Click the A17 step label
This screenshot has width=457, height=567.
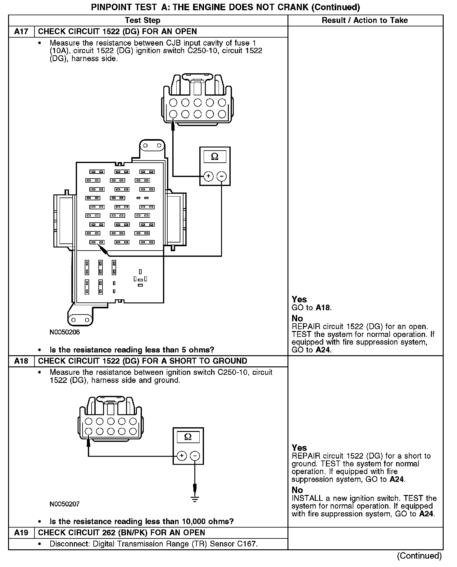pyautogui.click(x=21, y=32)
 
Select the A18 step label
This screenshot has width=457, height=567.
pyautogui.click(x=21, y=361)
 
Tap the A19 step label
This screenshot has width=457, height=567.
pyautogui.click(x=21, y=533)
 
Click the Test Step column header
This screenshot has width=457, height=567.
pyautogui.click(x=143, y=20)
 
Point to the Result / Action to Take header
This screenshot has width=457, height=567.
pyautogui.click(x=365, y=20)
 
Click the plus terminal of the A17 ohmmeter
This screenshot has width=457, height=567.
pyautogui.click(x=208, y=176)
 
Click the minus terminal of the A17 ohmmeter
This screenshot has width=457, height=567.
pyautogui.click(x=221, y=176)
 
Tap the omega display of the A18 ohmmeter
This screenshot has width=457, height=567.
pyautogui.click(x=188, y=437)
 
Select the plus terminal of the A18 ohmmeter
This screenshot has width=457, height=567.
pyautogui.click(x=182, y=456)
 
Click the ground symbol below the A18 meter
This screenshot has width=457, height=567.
pyautogui.click(x=195, y=499)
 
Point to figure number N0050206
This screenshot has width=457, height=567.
pyautogui.click(x=65, y=332)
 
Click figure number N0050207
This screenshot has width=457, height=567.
pyautogui.click(x=65, y=504)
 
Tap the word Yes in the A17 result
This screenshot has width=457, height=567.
pyautogui.click(x=299, y=299)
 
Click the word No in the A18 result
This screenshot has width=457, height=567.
pyautogui.click(x=297, y=490)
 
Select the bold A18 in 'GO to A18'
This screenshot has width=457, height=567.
pyautogui.click(x=323, y=308)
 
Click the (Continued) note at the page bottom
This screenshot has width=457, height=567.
pyautogui.click(x=419, y=556)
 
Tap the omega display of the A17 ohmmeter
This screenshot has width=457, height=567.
pyautogui.click(x=215, y=157)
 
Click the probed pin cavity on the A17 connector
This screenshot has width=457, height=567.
pyautogui.click(x=173, y=114)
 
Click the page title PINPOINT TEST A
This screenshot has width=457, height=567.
pyautogui.click(x=225, y=7)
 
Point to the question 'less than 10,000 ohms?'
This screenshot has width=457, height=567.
pyautogui.click(x=142, y=521)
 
